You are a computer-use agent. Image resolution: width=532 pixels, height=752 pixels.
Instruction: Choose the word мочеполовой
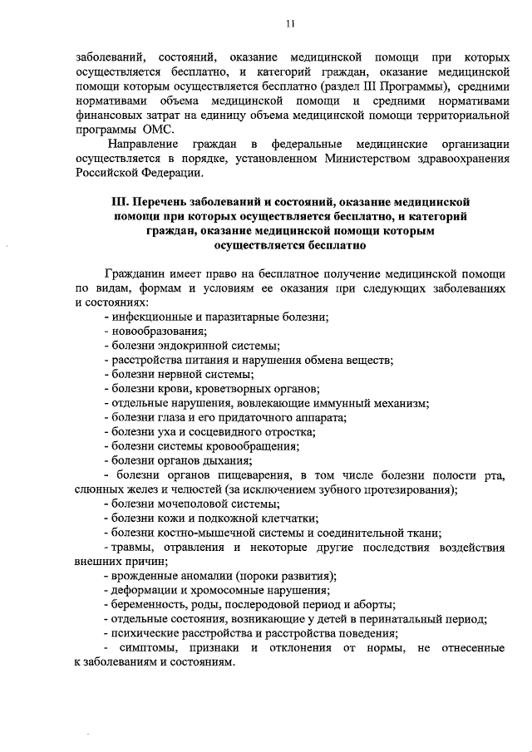tap(189, 504)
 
